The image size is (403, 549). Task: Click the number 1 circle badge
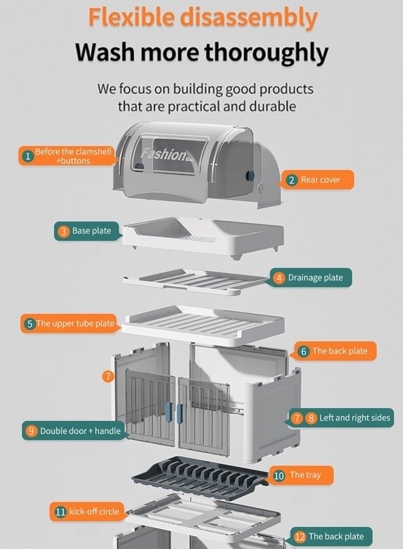click(x=27, y=156)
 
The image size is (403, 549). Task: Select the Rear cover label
click(x=320, y=180)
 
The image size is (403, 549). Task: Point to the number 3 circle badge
click(x=64, y=231)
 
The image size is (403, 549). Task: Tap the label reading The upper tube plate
click(x=76, y=324)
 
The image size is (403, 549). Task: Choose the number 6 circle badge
click(x=303, y=351)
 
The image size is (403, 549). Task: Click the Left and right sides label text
click(x=355, y=418)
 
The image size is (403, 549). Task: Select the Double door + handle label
click(x=81, y=431)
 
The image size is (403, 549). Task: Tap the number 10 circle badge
click(x=279, y=475)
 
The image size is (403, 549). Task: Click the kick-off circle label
click(x=94, y=512)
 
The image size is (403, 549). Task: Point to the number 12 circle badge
click(x=299, y=537)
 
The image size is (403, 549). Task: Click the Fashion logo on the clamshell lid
click(x=163, y=154)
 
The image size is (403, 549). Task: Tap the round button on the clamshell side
click(x=249, y=176)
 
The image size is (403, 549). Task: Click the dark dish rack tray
click(x=201, y=476)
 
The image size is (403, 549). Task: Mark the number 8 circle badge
click(x=311, y=418)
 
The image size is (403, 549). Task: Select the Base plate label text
click(x=92, y=231)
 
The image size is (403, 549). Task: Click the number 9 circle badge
click(x=32, y=431)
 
